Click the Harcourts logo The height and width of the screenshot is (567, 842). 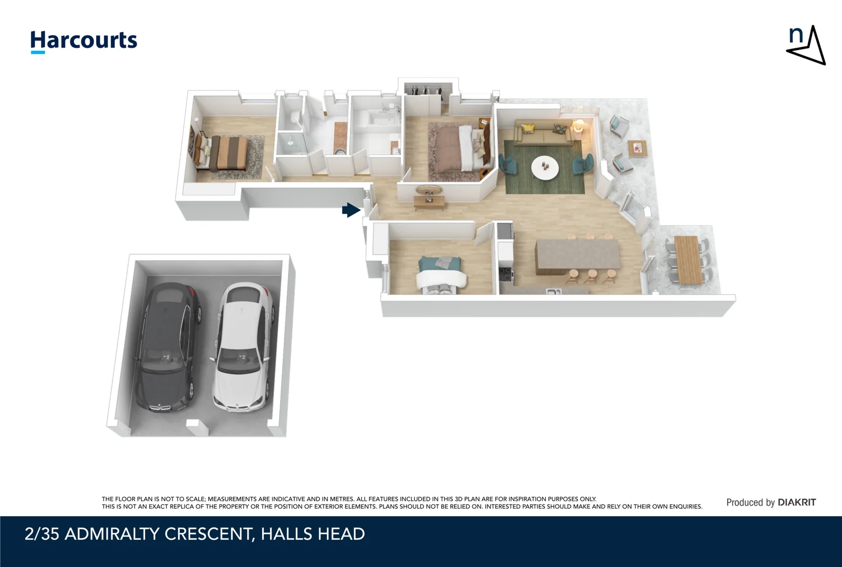point(84,41)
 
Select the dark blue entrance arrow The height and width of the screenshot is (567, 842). point(351,210)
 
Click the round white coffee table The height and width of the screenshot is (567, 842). point(545,167)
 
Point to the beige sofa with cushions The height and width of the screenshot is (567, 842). point(543,133)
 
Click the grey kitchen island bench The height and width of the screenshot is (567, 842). point(578,256)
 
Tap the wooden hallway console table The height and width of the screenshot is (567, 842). point(430,202)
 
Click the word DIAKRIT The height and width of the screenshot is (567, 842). point(797,502)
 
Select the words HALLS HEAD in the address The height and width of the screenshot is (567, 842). point(313,534)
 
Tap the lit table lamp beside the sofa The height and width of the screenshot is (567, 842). point(579,125)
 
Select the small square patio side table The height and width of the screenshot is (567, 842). point(637,149)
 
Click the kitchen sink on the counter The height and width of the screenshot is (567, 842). point(554,291)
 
